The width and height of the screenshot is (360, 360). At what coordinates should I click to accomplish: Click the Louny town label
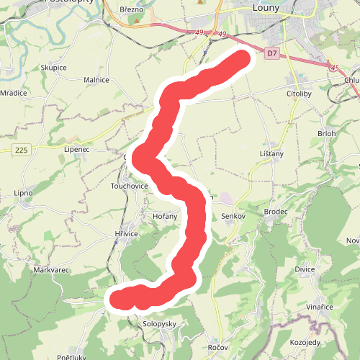click(271, 9)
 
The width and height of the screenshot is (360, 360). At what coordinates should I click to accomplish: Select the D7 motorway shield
click(271, 53)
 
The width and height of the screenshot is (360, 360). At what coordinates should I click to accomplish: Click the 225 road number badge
click(21, 150)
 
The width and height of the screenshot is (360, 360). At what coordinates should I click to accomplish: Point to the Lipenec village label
click(76, 149)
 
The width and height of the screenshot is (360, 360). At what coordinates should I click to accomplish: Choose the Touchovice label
click(129, 186)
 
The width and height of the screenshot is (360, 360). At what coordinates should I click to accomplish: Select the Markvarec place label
click(50, 269)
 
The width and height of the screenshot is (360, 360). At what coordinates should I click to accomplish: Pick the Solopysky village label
click(160, 324)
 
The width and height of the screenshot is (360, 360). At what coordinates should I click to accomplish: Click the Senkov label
click(234, 216)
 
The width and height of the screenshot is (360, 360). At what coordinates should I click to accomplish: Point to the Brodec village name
click(276, 212)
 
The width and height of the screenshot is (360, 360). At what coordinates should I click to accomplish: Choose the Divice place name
click(305, 269)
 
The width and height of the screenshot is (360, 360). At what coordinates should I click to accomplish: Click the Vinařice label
click(319, 307)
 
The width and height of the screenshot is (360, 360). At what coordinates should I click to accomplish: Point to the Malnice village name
click(96, 80)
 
